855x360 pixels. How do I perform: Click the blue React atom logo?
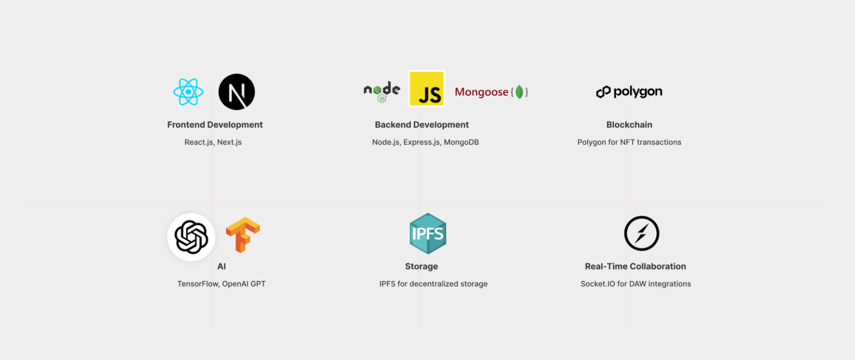pos(188,92)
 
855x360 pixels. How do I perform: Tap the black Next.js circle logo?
pos(237,92)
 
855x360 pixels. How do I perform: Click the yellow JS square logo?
pos(427,89)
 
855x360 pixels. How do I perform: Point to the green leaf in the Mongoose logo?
pos(519,92)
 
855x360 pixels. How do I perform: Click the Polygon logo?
pos(629,92)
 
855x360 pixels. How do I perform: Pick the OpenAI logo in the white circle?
pos(191,237)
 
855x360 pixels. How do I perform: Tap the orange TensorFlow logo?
pos(243,235)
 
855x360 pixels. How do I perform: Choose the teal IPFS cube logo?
pos(427,234)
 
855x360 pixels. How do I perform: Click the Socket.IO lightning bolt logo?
pos(641,234)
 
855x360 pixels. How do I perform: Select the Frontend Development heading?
pos(215,125)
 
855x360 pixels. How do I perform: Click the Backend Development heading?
pos(422,125)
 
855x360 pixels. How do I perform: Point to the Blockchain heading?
pos(629,125)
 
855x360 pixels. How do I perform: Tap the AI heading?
pos(222,267)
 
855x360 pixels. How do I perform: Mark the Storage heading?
pos(421,267)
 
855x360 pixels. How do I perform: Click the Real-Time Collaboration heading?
pos(635,267)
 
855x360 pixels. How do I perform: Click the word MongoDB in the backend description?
pos(461,142)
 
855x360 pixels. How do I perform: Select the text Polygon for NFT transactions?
pos(629,142)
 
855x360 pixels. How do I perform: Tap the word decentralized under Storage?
pos(436,284)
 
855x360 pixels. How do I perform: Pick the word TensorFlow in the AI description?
pos(197,284)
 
